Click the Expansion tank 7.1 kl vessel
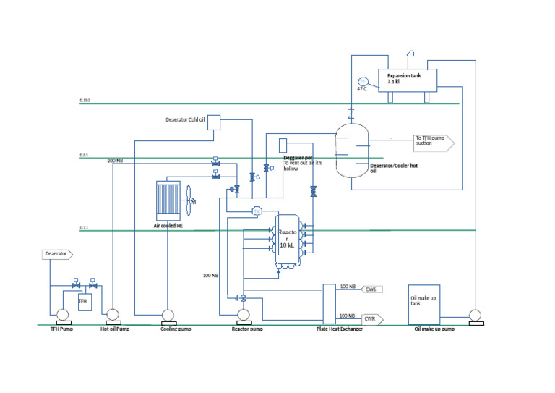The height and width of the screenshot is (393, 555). [x=409, y=80]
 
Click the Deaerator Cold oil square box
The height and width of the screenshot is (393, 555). [x=214, y=122]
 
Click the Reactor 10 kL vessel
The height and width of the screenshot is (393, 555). [x=287, y=242]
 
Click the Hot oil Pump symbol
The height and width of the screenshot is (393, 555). [x=112, y=315]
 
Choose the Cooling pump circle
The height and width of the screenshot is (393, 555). [x=167, y=315]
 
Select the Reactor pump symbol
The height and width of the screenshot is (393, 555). [x=244, y=315]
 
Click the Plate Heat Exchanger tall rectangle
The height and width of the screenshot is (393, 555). [x=329, y=303]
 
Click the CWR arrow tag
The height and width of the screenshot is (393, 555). [x=371, y=318]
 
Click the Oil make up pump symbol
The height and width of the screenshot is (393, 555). [x=475, y=316]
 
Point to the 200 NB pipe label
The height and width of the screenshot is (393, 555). [x=114, y=160]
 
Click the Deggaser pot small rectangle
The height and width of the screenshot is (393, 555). [x=283, y=145]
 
